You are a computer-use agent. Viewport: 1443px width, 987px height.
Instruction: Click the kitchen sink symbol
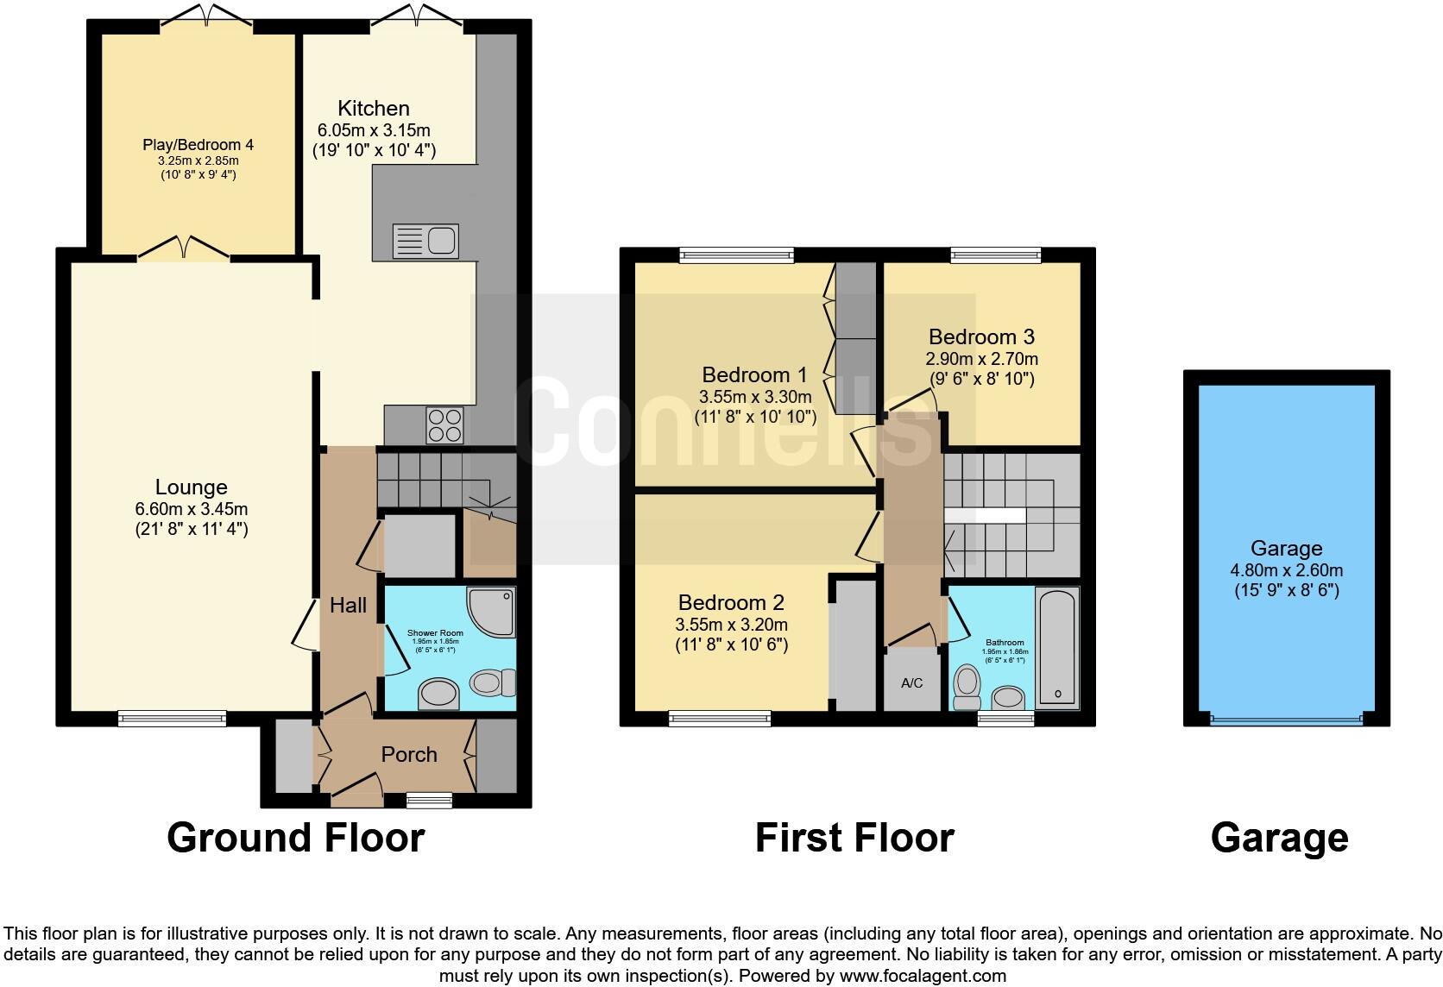point(425,241)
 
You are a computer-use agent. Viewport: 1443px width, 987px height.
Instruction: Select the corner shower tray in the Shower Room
point(493,611)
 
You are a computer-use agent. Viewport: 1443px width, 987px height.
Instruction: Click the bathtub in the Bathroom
point(1057,647)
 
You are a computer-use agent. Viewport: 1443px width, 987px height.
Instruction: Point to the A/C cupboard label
point(911,683)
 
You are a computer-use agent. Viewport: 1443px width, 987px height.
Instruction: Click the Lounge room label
point(191,487)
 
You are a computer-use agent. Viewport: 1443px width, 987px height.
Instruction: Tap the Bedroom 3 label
point(981,336)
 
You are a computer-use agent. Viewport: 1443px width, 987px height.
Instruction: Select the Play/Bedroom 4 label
point(198,145)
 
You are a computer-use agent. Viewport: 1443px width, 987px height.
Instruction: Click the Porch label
point(409,754)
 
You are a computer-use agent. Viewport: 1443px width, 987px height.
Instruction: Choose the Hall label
point(348,606)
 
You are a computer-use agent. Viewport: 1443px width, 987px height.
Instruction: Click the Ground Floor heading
point(295,838)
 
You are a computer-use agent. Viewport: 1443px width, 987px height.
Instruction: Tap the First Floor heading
point(854,838)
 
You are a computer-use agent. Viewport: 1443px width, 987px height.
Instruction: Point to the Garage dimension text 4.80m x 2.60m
point(1286,570)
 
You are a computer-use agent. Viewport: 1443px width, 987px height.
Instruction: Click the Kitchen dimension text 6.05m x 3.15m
point(374,130)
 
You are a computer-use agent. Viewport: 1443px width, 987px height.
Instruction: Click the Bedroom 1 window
point(736,255)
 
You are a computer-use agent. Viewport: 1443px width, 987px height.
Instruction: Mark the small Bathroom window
point(1005,718)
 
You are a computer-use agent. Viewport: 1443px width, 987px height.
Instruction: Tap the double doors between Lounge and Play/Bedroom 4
point(184,249)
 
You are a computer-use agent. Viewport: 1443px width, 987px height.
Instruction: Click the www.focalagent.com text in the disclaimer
point(922,976)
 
